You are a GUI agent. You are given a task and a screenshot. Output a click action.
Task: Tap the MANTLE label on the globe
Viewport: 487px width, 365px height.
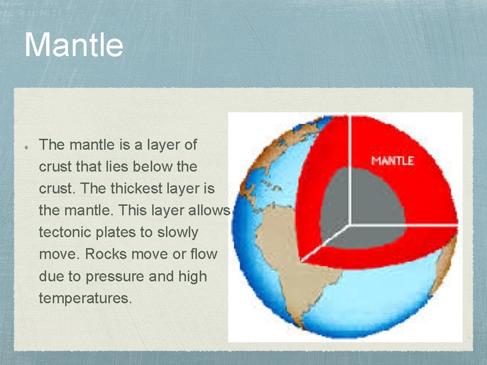click(392, 160)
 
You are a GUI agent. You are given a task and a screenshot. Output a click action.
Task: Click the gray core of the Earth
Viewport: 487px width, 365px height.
click(361, 200)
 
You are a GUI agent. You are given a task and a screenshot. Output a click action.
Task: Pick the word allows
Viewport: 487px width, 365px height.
click(210, 211)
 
